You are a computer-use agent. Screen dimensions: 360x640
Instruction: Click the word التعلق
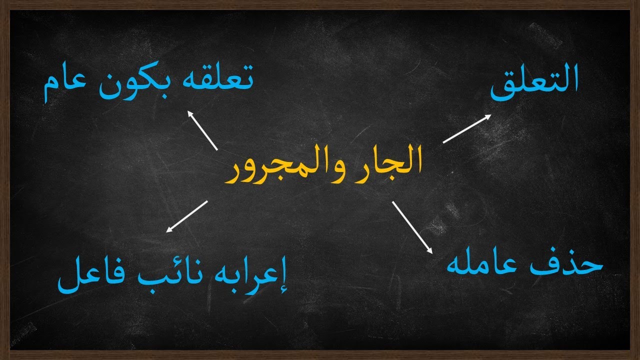tap(534, 83)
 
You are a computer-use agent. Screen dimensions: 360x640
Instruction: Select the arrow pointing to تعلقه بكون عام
tap(202, 130)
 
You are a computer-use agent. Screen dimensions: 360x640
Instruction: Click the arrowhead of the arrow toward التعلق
tap(488, 116)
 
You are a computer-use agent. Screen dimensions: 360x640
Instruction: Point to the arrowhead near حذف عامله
tap(428, 249)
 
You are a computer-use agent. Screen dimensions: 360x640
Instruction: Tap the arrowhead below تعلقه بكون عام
tap(190, 114)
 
